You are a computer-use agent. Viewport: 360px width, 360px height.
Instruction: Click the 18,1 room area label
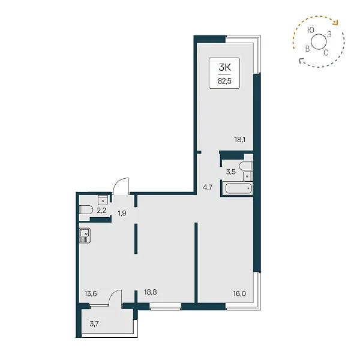(x=239, y=139)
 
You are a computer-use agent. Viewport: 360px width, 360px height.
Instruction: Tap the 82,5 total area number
(x=224, y=81)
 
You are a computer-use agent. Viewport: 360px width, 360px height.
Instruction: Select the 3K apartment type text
(x=224, y=67)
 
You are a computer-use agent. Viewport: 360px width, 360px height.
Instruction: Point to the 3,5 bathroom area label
(x=231, y=172)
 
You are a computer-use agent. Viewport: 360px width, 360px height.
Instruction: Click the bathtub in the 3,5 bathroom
(x=239, y=188)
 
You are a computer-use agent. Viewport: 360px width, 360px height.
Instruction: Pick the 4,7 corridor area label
(x=208, y=188)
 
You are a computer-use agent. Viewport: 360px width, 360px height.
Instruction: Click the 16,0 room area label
(x=239, y=293)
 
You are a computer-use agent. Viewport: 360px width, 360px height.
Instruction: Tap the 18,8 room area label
(x=151, y=292)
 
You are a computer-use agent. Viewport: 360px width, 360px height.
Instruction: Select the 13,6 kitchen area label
(x=91, y=293)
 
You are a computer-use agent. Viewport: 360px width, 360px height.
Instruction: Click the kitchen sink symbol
(x=85, y=236)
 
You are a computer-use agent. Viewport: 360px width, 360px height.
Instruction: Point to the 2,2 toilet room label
(x=101, y=211)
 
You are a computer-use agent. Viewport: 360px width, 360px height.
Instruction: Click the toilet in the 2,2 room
(x=86, y=209)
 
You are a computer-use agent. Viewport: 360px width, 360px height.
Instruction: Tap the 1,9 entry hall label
(x=122, y=213)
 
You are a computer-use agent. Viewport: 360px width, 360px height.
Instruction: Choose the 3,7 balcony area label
(x=94, y=324)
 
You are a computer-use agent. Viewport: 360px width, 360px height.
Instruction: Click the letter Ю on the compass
(x=310, y=31)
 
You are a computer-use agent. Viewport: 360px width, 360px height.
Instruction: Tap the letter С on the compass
(x=326, y=53)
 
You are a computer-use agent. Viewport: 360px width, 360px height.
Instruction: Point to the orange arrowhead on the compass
(x=335, y=22)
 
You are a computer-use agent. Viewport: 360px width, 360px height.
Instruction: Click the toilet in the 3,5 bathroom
(x=245, y=166)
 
